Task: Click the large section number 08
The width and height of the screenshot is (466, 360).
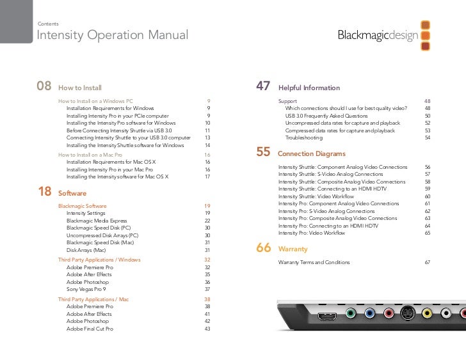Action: click(x=44, y=86)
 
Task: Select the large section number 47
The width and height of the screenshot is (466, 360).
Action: click(x=263, y=86)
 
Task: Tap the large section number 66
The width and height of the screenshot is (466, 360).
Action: click(x=263, y=248)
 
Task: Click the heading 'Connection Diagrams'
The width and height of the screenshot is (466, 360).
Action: click(x=311, y=154)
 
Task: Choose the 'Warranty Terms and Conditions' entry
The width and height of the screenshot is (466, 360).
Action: click(x=314, y=262)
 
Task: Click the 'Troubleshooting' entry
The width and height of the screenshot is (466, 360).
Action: click(x=304, y=137)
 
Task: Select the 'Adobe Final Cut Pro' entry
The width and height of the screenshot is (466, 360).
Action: click(x=90, y=329)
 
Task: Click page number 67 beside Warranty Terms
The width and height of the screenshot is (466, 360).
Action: click(x=427, y=262)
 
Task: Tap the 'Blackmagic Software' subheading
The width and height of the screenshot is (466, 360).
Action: click(x=82, y=206)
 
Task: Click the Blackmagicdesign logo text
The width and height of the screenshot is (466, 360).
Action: click(x=378, y=35)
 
